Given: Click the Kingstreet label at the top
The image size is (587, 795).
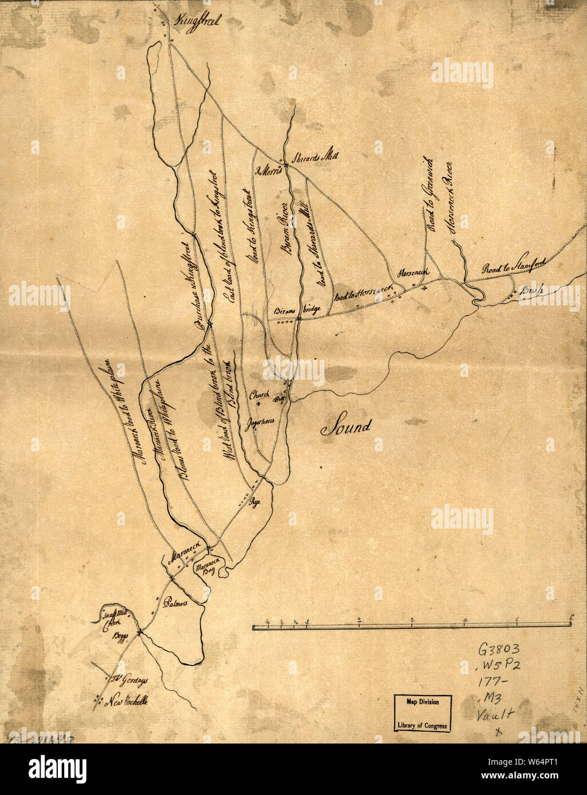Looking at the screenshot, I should (x=199, y=22).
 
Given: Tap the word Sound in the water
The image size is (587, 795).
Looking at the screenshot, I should (x=346, y=426).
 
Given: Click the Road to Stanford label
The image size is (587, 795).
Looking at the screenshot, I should (x=513, y=264).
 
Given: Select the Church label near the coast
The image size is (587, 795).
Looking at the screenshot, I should (x=259, y=395).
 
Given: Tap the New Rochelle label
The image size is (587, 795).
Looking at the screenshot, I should (x=128, y=701).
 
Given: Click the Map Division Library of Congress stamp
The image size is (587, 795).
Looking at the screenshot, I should (x=423, y=713).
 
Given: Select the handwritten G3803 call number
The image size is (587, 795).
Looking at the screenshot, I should (x=499, y=651).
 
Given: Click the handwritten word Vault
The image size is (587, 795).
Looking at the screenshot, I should (x=496, y=715).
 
